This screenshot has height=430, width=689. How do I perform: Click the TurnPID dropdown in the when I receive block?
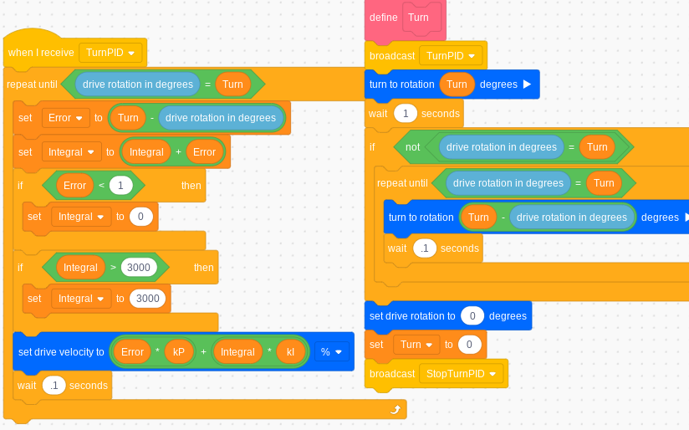[x=110, y=53]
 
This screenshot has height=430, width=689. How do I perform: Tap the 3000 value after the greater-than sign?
[x=139, y=268]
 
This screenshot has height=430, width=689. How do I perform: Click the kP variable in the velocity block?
[x=179, y=352]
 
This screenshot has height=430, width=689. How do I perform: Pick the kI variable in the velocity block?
[x=291, y=352]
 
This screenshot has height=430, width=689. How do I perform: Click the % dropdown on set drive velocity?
[x=331, y=352]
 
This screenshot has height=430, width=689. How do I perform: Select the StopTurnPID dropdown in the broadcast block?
[x=462, y=373]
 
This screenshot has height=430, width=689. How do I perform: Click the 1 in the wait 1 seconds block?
[x=406, y=113]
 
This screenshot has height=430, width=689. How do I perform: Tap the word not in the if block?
[x=412, y=146]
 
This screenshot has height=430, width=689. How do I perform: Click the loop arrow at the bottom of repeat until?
[x=396, y=410]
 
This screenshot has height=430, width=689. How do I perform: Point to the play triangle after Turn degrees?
[x=527, y=84]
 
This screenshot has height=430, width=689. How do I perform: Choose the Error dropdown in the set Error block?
[x=65, y=118]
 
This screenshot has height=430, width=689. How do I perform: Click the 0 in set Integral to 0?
[x=140, y=217]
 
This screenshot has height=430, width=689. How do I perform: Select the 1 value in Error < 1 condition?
[x=120, y=185]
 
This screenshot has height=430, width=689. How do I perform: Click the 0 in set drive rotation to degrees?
[x=472, y=315]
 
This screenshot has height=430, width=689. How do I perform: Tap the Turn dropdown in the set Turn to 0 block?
[x=416, y=344]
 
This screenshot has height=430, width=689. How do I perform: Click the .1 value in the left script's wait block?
[x=54, y=386]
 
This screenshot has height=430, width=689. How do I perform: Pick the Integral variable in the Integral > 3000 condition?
[x=80, y=268]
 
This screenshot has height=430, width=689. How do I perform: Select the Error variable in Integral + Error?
[x=204, y=152]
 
